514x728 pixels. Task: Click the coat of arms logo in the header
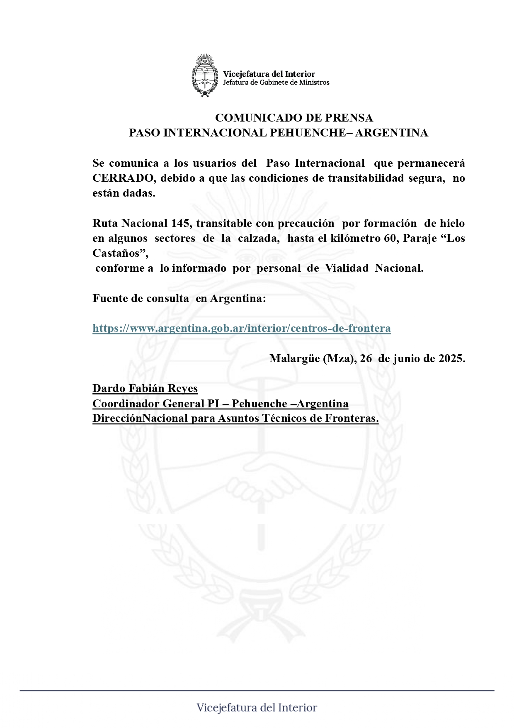(204, 75)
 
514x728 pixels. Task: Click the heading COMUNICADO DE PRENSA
(294, 118)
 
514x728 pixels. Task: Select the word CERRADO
(123, 178)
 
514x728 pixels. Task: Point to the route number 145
(181, 224)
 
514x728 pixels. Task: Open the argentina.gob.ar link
(241, 329)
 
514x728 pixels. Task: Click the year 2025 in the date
(450, 358)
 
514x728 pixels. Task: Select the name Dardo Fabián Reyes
(145, 389)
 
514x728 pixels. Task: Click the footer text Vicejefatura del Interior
(257, 708)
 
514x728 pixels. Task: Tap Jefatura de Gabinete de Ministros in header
(276, 83)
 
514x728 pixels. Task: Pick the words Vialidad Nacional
(374, 268)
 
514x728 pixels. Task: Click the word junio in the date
(407, 358)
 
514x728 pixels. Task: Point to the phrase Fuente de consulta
(141, 299)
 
